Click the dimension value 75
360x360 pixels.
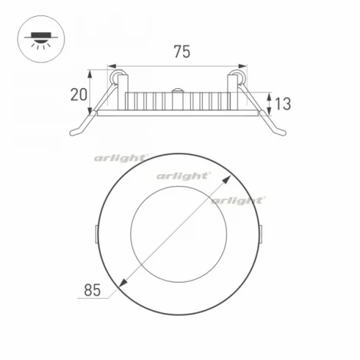click(x=182, y=53)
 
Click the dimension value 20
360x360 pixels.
click(x=77, y=95)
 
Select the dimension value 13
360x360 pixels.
click(x=283, y=103)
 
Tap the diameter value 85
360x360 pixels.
click(x=92, y=290)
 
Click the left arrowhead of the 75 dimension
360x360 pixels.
click(x=112, y=67)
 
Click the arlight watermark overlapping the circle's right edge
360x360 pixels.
click(x=237, y=200)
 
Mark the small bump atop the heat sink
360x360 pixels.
click(x=178, y=90)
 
